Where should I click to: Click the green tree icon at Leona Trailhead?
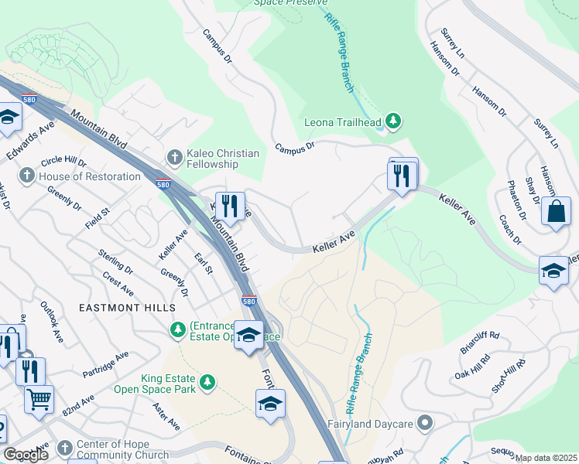(x=394, y=121)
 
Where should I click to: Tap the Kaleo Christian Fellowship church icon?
(x=175, y=158)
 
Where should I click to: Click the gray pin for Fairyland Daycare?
(x=424, y=423)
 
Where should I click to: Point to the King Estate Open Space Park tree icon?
(x=207, y=382)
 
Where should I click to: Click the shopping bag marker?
(x=556, y=211)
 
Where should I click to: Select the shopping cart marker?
(x=39, y=399)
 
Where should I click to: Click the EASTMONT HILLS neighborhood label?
(x=127, y=308)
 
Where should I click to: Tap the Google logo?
(x=26, y=455)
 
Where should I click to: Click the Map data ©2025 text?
(x=546, y=458)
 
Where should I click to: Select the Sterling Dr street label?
(x=115, y=262)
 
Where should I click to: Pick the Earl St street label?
(x=204, y=263)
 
